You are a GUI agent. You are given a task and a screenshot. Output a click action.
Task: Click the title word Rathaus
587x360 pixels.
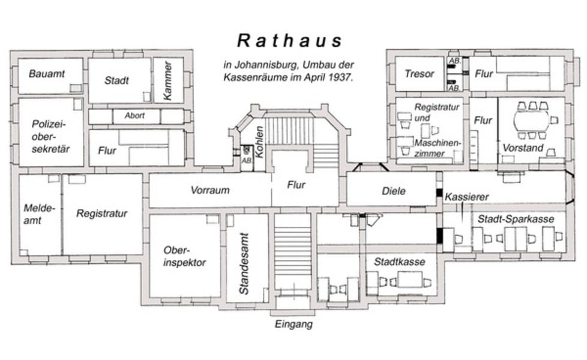[289, 40]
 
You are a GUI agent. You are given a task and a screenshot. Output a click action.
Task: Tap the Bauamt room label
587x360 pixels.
[47, 74]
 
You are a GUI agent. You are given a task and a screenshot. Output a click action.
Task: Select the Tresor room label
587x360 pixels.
[419, 74]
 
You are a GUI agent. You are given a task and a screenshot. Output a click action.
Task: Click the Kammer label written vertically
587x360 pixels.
[167, 80]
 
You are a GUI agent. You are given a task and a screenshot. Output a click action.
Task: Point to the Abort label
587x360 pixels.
[134, 116]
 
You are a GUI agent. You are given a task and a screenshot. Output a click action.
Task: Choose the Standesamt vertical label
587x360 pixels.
[244, 263]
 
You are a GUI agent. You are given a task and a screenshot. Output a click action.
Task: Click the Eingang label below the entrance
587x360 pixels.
[293, 324]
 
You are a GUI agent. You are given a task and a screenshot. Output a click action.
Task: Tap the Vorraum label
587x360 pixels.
[210, 190]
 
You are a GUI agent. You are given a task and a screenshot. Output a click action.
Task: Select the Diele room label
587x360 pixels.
[394, 191]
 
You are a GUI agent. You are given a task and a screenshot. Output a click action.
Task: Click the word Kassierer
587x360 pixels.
[466, 197]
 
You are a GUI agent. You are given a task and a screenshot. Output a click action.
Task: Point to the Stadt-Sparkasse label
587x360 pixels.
[516, 219]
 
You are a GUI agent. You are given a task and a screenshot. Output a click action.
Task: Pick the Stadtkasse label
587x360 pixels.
[400, 262]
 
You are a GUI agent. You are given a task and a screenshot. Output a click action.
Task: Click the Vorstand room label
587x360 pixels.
[523, 148]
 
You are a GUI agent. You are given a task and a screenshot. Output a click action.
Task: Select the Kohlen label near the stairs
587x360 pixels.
[259, 142]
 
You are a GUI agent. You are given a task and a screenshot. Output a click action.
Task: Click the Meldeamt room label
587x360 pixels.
[39, 214]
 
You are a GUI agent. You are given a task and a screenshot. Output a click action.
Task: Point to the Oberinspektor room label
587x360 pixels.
[184, 256]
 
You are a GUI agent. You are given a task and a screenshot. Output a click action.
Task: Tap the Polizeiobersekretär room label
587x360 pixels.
[50, 137]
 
